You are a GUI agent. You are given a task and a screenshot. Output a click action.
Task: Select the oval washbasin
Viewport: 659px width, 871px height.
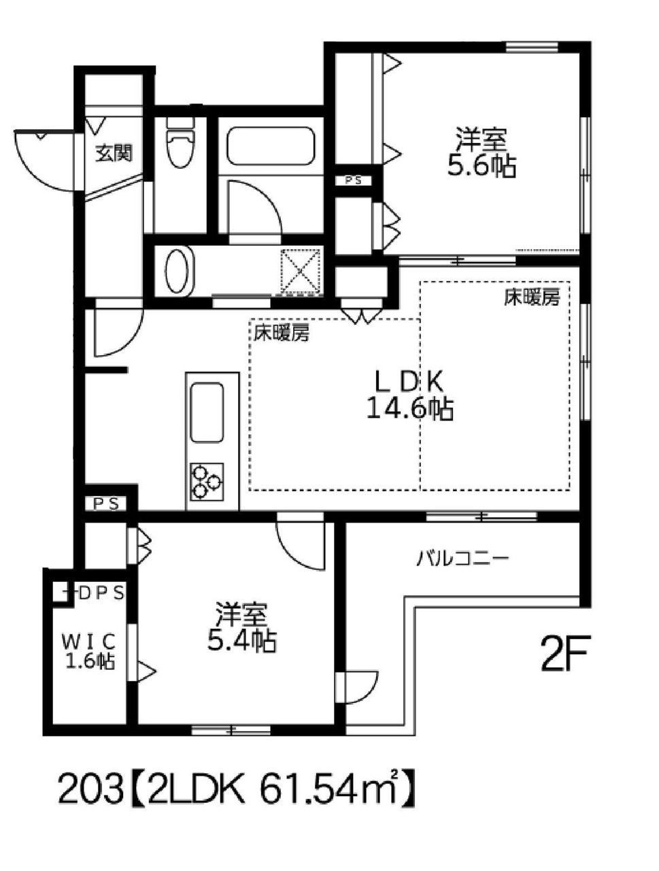(x=177, y=271)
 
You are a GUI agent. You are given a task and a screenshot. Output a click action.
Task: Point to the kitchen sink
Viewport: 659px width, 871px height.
(x=207, y=412)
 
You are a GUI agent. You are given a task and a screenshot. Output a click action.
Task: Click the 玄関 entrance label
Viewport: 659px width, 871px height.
(x=114, y=152)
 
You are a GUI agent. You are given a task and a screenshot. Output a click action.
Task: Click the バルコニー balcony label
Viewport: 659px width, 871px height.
(x=462, y=559)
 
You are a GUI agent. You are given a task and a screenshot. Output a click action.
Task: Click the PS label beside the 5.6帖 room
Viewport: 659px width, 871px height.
(x=353, y=180)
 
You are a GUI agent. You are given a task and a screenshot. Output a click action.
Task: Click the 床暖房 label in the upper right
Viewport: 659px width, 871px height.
(x=531, y=297)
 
